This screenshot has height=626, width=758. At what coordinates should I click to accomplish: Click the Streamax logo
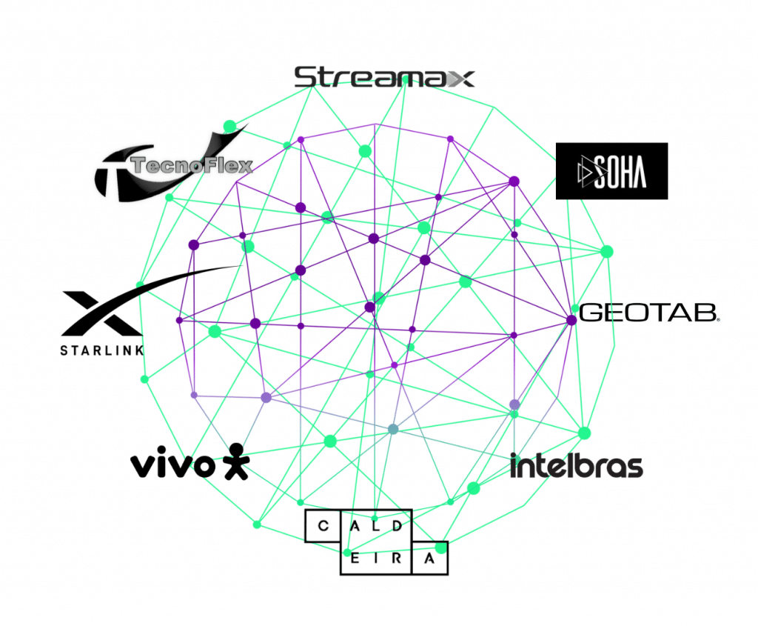tap(383, 77)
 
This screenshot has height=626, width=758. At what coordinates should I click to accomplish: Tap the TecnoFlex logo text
tap(191, 165)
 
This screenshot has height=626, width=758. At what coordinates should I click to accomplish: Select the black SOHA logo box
tap(611, 171)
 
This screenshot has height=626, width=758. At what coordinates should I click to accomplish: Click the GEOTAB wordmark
tap(648, 313)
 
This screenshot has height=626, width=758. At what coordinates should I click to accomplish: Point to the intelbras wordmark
tap(576, 466)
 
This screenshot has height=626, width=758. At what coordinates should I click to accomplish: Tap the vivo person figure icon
tap(235, 461)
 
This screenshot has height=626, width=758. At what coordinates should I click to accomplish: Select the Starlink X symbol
tap(101, 313)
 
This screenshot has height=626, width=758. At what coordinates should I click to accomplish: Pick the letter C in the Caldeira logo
tap(322, 527)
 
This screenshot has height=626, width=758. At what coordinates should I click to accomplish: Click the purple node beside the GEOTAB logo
tap(571, 320)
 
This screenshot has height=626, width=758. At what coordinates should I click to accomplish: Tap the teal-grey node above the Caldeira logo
tap(393, 429)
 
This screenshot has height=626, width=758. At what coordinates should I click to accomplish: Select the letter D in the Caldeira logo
tap(398, 527)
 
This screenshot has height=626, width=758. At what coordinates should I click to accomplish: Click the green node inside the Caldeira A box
tap(441, 548)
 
